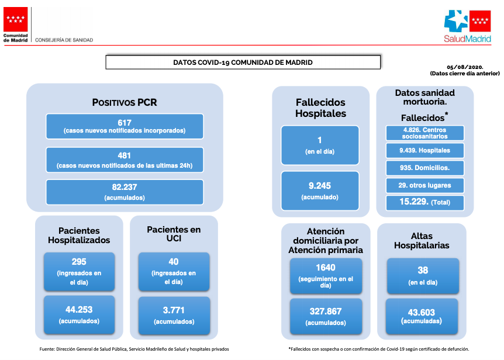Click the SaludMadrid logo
click(x=467, y=27)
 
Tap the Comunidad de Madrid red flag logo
click(x=15, y=19)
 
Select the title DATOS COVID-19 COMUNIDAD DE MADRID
click(x=243, y=63)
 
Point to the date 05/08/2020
click(x=465, y=67)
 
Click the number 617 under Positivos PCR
click(x=125, y=123)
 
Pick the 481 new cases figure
click(x=125, y=156)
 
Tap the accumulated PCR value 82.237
click(x=125, y=187)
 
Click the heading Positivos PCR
click(x=125, y=102)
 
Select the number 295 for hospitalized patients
click(x=79, y=262)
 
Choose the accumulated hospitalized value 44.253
click(x=79, y=310)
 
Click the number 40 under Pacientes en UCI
click(x=174, y=262)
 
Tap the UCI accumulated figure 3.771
click(x=174, y=310)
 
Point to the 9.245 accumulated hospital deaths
click(x=319, y=186)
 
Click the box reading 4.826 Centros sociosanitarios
click(x=425, y=133)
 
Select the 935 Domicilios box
click(x=425, y=168)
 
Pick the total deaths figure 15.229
click(x=414, y=202)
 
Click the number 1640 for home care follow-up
click(x=326, y=268)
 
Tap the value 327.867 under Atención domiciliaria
click(x=326, y=311)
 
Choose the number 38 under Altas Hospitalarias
click(x=423, y=270)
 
